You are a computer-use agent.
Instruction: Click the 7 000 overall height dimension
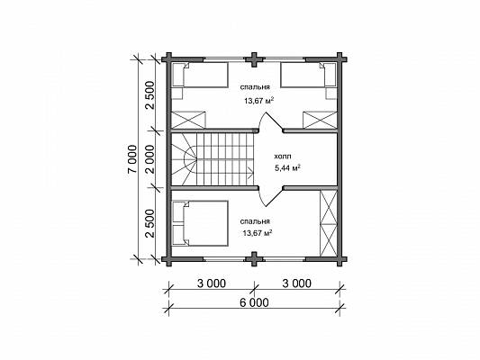tap(132, 158)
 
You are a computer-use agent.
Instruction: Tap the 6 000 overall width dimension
tap(254, 302)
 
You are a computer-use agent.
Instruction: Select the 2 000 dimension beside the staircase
tap(151, 158)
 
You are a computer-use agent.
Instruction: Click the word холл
tap(283, 157)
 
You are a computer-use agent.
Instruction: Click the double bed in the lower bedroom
tap(201, 223)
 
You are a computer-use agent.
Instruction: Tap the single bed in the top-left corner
tap(201, 76)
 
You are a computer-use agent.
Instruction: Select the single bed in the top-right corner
tap(308, 76)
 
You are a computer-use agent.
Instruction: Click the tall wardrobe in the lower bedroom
tap(328, 223)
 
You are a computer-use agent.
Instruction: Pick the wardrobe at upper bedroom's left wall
tap(187, 120)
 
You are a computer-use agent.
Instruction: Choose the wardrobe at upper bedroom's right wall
tap(320, 120)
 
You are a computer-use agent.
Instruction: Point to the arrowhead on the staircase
tap(251, 173)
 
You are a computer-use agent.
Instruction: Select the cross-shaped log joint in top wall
tap(254, 59)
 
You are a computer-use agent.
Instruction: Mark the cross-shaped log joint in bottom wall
tap(254, 259)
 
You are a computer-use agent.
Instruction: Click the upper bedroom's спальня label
tap(255, 87)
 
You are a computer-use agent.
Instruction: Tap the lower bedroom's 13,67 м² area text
tap(258, 233)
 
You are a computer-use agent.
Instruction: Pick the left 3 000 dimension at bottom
tap(212, 283)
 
